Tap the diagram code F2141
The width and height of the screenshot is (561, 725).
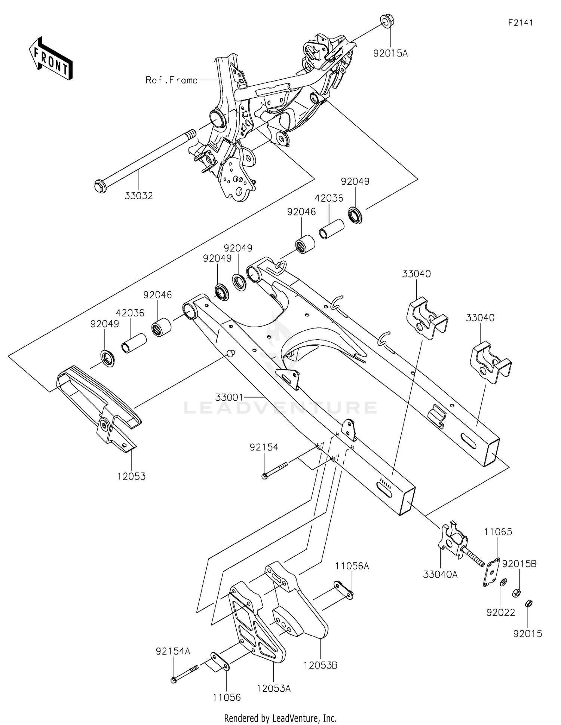point(520,23)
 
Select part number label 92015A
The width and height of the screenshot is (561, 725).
point(390,53)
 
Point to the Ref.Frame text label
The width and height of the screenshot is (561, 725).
point(171,80)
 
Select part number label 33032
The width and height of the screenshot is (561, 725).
point(139,196)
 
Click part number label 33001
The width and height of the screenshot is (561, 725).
point(229,397)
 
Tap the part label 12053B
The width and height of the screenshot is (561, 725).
point(321,666)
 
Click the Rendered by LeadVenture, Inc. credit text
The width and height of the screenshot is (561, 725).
point(280,718)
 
